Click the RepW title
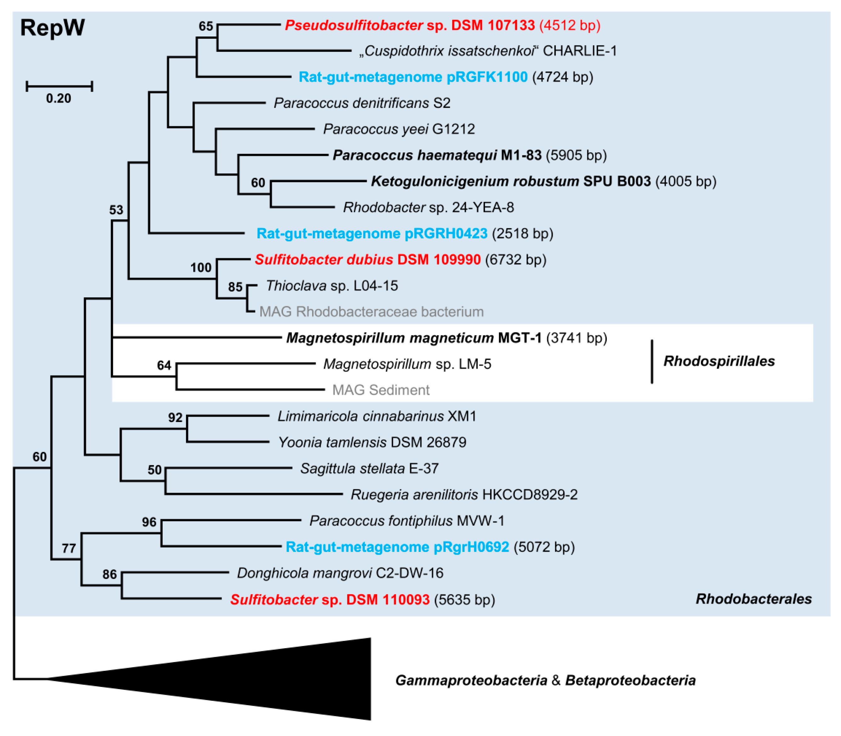(52, 28)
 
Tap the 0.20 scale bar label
(58, 98)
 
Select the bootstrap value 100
(200, 267)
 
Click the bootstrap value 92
(175, 417)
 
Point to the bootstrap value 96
(149, 522)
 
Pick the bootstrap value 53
(116, 210)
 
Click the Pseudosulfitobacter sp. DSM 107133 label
(409, 25)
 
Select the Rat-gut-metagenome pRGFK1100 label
(413, 77)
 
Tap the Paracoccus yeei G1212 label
(398, 129)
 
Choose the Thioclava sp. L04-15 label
(331, 285)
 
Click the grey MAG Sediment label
(381, 390)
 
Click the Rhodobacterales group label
(753, 599)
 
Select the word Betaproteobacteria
(630, 681)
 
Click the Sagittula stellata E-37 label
(369, 468)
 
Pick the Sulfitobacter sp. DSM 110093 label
(330, 600)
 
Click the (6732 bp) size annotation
(515, 260)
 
